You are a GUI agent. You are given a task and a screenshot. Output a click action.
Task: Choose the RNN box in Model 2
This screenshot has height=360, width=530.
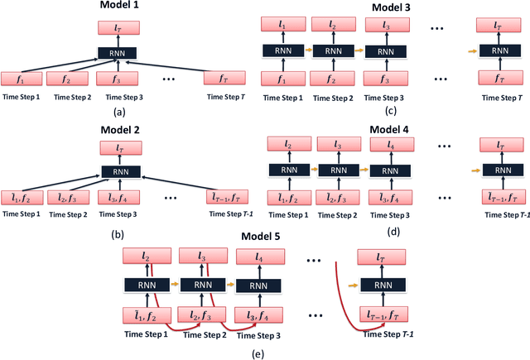coord(118,174)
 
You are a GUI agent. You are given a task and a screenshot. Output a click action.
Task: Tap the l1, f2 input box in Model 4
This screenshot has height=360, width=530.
coord(286,198)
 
